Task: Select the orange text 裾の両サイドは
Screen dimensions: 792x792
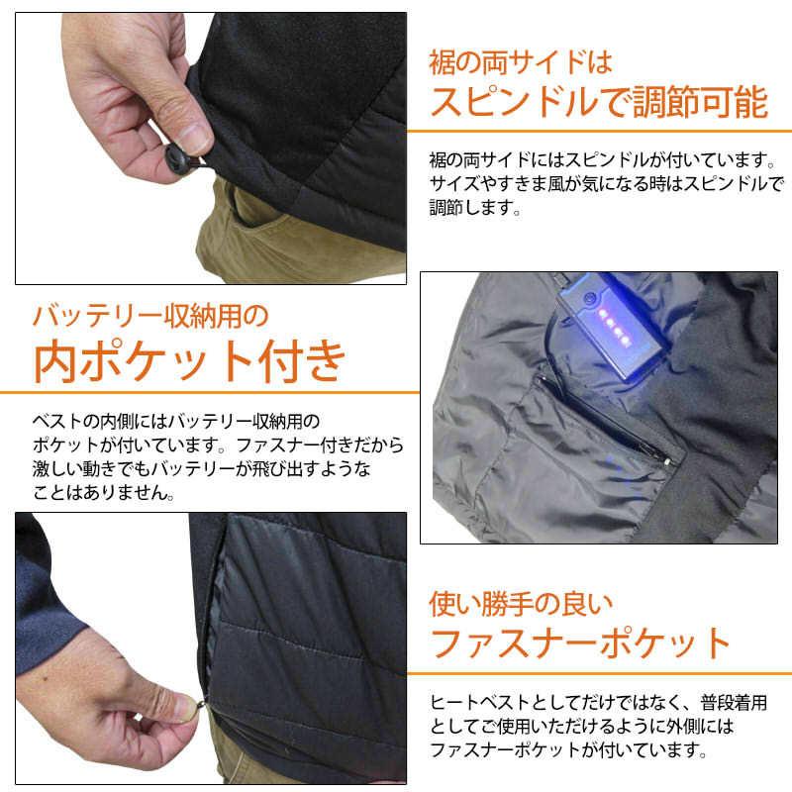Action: coord(520,62)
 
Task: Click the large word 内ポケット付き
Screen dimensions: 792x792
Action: coord(190,361)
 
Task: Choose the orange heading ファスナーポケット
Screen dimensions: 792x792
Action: coord(580,643)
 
